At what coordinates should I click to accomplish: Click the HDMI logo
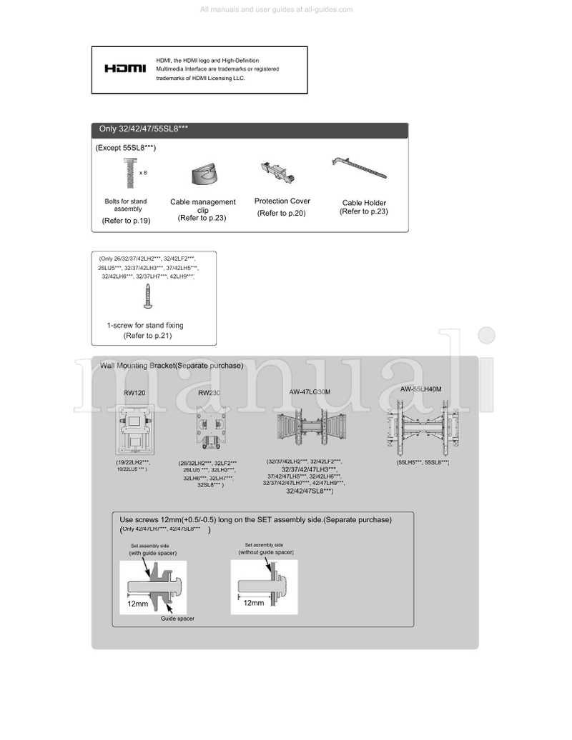coord(125,69)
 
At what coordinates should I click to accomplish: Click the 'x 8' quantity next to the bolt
coord(143,173)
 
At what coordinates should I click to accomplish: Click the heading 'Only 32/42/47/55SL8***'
coord(144,129)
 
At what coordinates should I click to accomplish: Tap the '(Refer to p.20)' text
coord(282,214)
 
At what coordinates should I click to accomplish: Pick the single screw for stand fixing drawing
coord(148,296)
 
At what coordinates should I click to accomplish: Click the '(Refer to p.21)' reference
coord(148,335)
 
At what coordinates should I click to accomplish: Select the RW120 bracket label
coord(134,394)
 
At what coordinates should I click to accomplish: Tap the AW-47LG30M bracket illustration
coord(309,428)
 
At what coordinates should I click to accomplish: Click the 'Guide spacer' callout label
coord(177,619)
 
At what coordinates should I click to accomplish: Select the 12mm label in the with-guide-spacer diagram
coord(138,604)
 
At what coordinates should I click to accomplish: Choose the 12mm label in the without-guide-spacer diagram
coord(253,603)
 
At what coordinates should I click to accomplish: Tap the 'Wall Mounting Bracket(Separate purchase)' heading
coord(172,366)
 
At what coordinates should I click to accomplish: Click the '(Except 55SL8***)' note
coord(126,147)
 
